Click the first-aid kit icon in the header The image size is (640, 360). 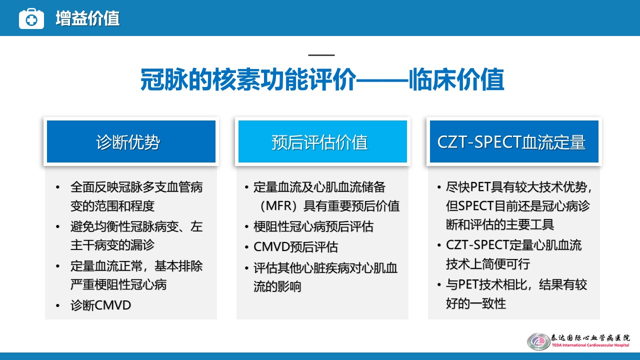coord(31,18)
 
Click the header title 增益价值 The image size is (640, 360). coord(87,18)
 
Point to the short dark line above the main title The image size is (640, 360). coord(321,55)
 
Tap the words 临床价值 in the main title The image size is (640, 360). coord(456,79)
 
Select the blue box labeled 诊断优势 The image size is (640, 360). coord(131,141)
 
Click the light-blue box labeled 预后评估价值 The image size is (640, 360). coord(322,141)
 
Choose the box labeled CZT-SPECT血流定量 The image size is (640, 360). coord(514,141)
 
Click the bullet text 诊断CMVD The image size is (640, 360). coord(101,305)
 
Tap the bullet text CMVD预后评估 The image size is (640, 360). coord(295,247)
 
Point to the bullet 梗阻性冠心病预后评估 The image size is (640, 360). coord(313,226)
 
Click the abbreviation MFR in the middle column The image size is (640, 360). coord(278,206)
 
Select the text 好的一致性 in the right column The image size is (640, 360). coord(476,303)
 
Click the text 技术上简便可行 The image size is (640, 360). coord(488,263)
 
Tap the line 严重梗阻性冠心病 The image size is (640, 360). coord(118,284)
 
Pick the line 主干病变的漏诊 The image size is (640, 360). coord(112,245)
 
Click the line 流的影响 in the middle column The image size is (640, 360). coord(277,286)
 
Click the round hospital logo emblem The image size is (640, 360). coord(538,341)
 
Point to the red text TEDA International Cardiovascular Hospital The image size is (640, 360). coord(590,345)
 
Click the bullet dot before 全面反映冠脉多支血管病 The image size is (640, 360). coord(57,187)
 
